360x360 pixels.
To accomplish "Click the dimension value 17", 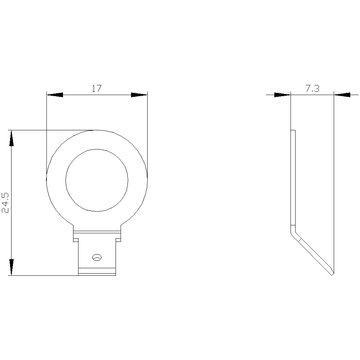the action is click(96, 89).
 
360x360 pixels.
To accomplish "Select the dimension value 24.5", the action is click(5, 203).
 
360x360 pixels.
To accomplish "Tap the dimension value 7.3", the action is click(312, 89).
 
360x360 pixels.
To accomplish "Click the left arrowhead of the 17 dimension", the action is click(55, 95).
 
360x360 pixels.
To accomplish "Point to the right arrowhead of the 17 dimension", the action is click(139, 95).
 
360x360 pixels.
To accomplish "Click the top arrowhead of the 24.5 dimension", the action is click(11, 138).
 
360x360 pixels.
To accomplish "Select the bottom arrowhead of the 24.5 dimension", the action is click(11, 267).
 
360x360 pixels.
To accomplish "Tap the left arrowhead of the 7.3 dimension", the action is click(282, 95).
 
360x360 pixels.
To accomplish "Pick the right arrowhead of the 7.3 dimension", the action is click(342, 95).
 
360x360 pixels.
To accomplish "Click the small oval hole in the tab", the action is click(96, 257).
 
